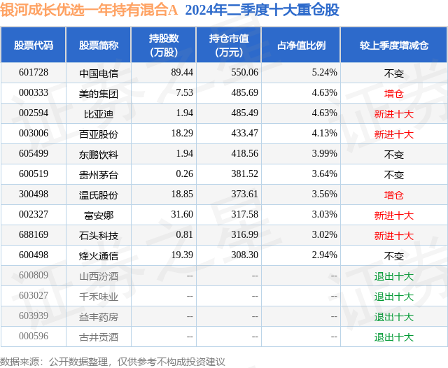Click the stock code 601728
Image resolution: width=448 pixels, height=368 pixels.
pos(34,72)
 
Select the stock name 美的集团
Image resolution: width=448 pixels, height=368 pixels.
pos(99,93)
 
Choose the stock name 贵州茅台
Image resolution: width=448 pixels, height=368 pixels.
pos(99,174)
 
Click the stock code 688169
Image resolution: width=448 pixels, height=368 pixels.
pos(34,235)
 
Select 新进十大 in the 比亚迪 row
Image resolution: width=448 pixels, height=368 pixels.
pos(393,113)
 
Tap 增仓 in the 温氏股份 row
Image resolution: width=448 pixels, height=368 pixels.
pos(393,194)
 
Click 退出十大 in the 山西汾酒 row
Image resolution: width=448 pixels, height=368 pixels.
pos(393,276)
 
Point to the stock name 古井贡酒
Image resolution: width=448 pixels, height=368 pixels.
pos(99,337)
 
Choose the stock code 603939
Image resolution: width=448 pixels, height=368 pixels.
pos(34,317)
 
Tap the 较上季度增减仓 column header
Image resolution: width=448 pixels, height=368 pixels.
pos(393,45)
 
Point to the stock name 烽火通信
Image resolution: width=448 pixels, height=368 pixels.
pos(99,256)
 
